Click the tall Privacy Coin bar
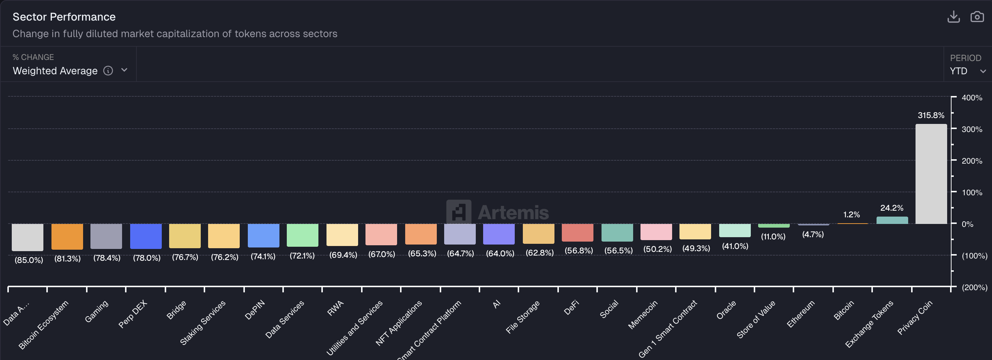point(931,174)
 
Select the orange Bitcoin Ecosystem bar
point(67,236)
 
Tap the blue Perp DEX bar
point(146,236)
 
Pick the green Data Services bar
point(302,235)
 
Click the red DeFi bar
point(577,232)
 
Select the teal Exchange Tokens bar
point(892,220)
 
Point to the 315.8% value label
point(931,115)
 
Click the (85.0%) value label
point(29,260)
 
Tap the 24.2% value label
point(892,208)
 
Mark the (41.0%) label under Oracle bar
point(735,246)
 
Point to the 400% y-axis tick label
point(971,98)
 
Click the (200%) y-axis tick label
point(974,287)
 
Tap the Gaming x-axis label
point(96,311)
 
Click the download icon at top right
point(953,17)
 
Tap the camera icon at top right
point(977,17)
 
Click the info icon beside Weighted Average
point(108,71)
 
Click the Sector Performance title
point(64,17)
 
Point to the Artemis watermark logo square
point(458,212)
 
